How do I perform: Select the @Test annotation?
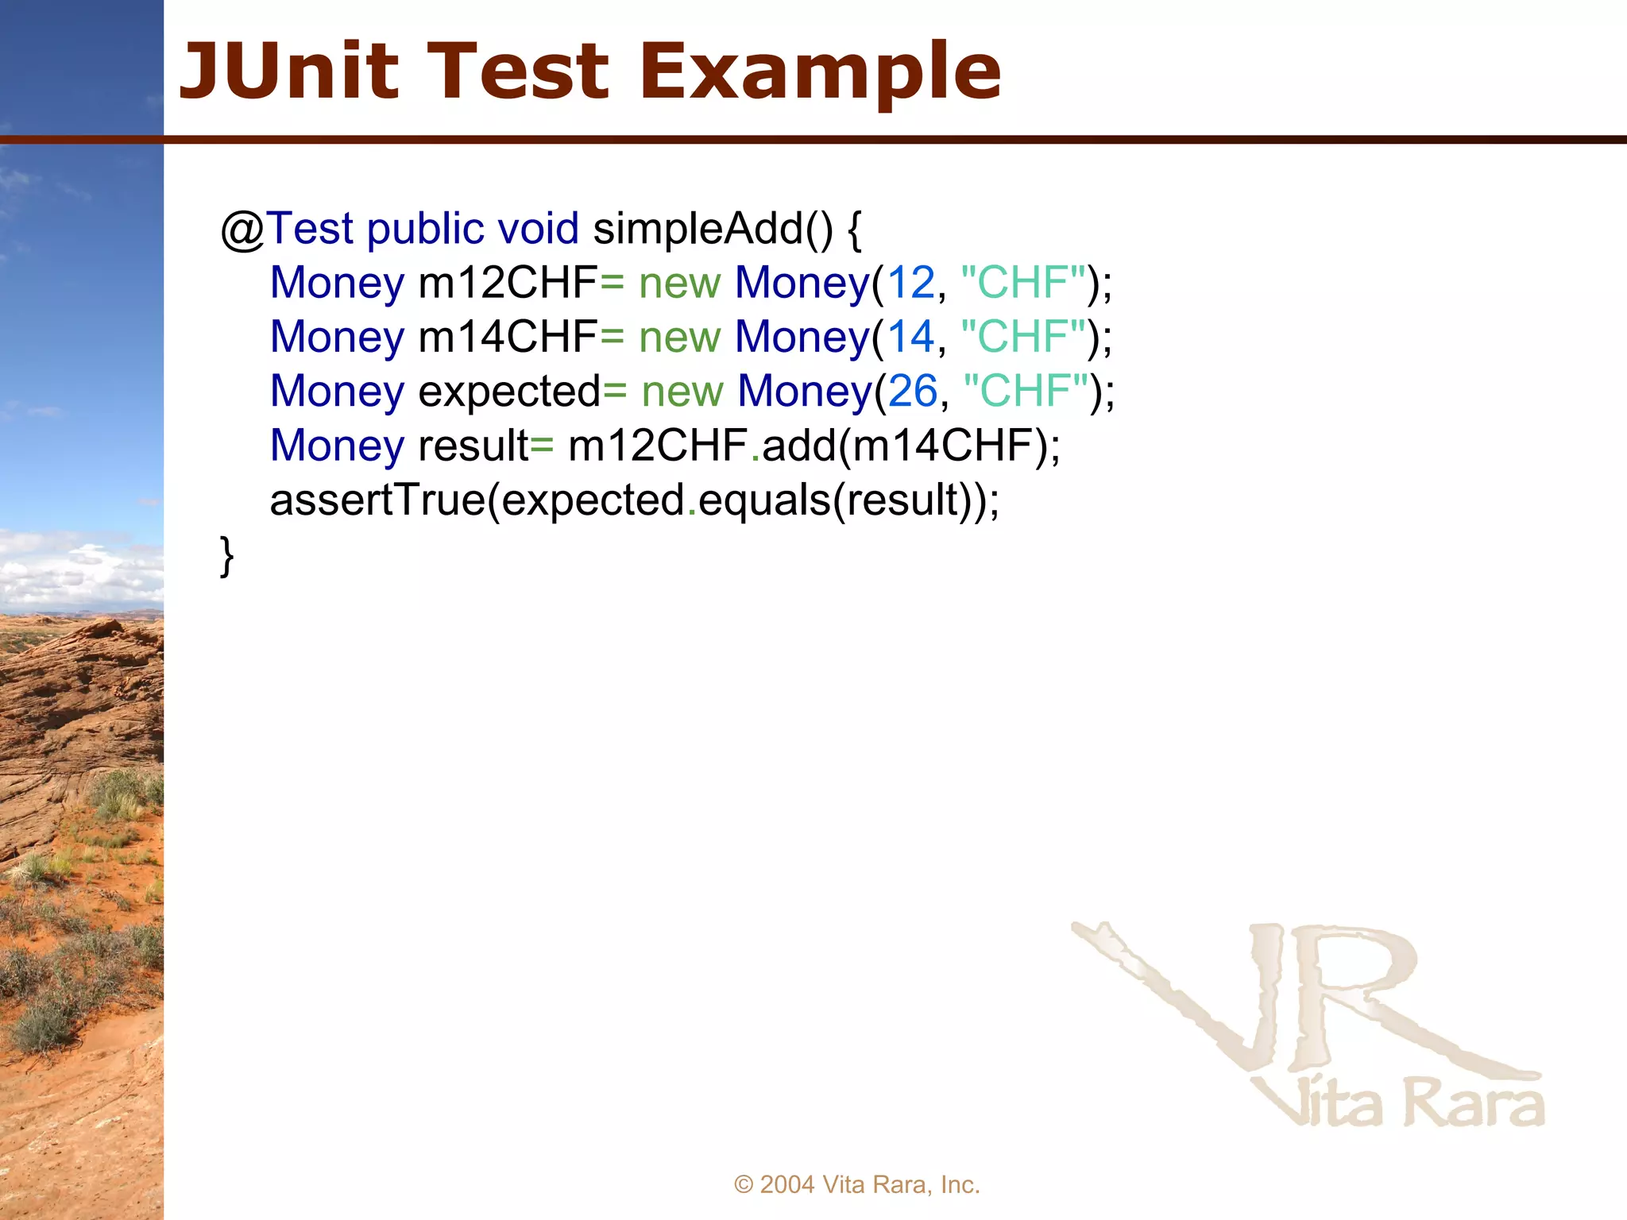(x=286, y=230)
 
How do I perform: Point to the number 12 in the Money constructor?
(x=910, y=284)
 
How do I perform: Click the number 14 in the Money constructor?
(x=910, y=338)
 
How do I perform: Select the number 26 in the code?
(x=913, y=392)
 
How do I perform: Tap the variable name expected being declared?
(x=509, y=392)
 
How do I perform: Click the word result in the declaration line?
(x=473, y=446)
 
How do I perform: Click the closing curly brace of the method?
(x=226, y=555)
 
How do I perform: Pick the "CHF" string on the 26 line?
(x=1026, y=392)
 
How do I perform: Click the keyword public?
(x=425, y=230)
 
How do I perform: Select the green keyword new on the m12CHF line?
(x=679, y=284)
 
